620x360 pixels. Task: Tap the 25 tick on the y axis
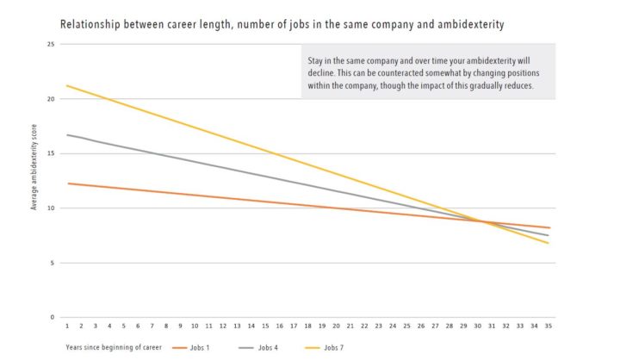pyautogui.click(x=52, y=44)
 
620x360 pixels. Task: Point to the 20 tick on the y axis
pyautogui.click(x=52, y=99)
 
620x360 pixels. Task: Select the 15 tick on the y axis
pyautogui.click(x=52, y=154)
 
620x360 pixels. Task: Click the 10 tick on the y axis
pyautogui.click(x=52, y=208)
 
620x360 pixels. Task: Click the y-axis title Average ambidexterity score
pyautogui.click(x=34, y=179)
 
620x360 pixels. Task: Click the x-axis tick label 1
pyautogui.click(x=66, y=327)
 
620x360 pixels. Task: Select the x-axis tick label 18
pyautogui.click(x=307, y=327)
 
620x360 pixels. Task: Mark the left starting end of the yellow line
pyautogui.click(x=67, y=85)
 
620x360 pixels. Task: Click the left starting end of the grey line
pyautogui.click(x=67, y=135)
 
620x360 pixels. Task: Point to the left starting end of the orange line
pyautogui.click(x=67, y=183)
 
